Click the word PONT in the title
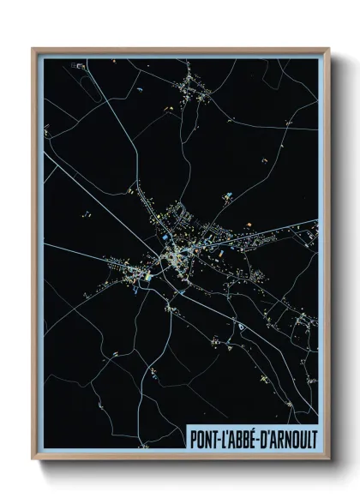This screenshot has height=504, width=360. [x=202, y=436]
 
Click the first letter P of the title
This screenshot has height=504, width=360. [x=191, y=436]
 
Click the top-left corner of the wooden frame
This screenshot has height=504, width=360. [x=33, y=49]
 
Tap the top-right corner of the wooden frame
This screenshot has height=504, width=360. [x=328, y=49]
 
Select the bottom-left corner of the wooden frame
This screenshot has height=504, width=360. [x=33, y=459]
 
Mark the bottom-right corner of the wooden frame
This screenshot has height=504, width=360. [x=328, y=459]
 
